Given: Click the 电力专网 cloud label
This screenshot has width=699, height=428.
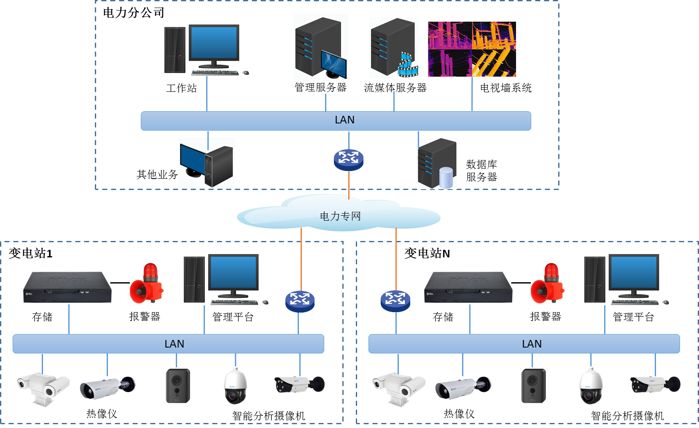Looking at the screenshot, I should pyautogui.click(x=340, y=216).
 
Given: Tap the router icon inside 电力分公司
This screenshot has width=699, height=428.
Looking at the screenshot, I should pyautogui.click(x=349, y=160).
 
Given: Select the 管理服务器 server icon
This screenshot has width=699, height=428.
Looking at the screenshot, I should pyautogui.click(x=320, y=47).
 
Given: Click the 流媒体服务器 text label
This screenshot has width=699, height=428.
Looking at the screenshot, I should pyautogui.click(x=395, y=88).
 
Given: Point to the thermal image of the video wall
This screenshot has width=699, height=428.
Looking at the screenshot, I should pyautogui.click(x=472, y=49).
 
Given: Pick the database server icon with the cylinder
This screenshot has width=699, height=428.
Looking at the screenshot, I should pyautogui.click(x=437, y=163).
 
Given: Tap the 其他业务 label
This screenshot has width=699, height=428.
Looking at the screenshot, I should pyautogui.click(x=157, y=174).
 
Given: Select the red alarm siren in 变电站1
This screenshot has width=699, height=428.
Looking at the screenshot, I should pyautogui.click(x=146, y=283).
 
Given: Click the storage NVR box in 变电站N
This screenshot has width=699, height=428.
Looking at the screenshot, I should pyautogui.click(x=468, y=287).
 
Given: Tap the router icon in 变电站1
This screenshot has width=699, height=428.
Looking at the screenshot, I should pyautogui.click(x=300, y=301).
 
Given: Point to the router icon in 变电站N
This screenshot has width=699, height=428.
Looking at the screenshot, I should pyautogui.click(x=395, y=301).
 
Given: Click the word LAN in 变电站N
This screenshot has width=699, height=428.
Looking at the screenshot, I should pyautogui.click(x=532, y=344).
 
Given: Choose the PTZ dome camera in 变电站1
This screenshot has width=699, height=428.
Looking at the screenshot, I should pyautogui.click(x=235, y=386).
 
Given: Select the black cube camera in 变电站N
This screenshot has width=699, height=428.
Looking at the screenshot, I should pyautogui.click(x=533, y=385).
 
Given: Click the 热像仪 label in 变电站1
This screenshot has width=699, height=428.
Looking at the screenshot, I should pyautogui.click(x=102, y=414).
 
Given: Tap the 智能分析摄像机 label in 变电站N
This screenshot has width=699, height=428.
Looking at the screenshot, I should pyautogui.click(x=627, y=416).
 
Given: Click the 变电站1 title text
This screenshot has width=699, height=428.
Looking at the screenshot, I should pyautogui.click(x=30, y=253).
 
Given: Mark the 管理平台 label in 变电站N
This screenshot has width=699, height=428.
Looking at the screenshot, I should pyautogui.click(x=633, y=317).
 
